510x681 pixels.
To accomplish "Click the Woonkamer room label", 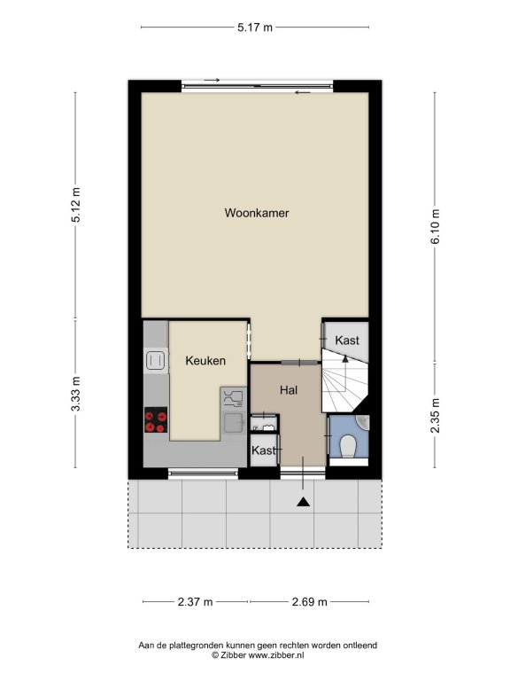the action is [x=256, y=213].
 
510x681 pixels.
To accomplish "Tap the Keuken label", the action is [x=205, y=361].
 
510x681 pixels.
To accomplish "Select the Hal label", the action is [x=289, y=390].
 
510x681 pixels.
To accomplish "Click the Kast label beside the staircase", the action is [x=347, y=340].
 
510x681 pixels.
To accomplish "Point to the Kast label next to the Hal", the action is [x=264, y=450].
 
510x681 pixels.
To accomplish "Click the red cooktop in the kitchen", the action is [x=156, y=420].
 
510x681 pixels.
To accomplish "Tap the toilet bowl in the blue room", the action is [x=348, y=446].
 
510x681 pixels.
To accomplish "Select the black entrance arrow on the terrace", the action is [x=303, y=502].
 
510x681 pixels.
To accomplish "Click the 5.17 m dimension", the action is [x=255, y=27].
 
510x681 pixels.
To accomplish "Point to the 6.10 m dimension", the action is [x=435, y=226].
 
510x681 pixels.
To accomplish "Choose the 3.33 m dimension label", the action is [x=75, y=394].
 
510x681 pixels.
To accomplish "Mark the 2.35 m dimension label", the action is [x=435, y=416].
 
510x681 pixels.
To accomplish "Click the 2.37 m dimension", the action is [x=195, y=602].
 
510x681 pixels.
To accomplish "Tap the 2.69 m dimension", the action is [x=309, y=602].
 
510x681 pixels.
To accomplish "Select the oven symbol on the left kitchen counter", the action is [x=156, y=360].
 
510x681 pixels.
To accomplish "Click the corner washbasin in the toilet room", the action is [x=363, y=421].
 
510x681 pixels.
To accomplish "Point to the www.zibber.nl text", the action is [x=276, y=655].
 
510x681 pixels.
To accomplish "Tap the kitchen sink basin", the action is [x=234, y=423].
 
